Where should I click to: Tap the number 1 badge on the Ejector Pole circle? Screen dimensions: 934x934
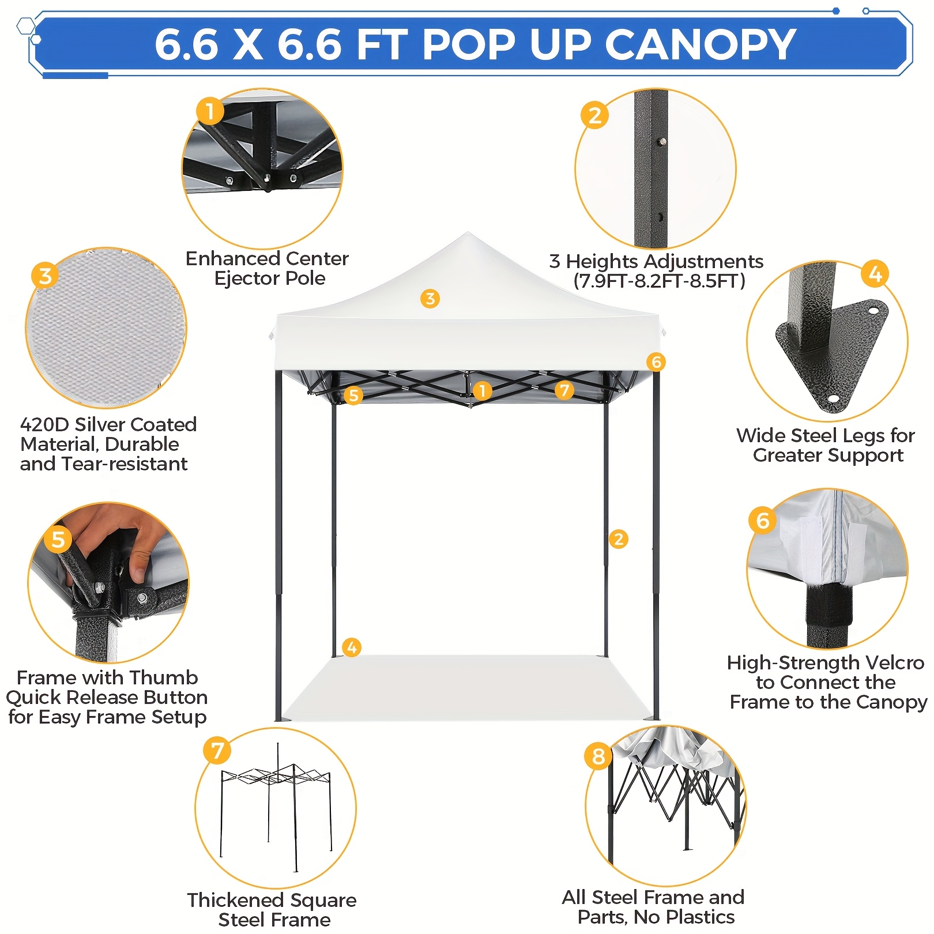coord(210,111)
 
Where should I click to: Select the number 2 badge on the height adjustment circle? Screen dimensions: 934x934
coord(595,115)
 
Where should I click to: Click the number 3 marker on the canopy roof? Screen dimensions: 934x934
coord(430,299)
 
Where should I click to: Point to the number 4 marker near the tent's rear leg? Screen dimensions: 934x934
coord(352,647)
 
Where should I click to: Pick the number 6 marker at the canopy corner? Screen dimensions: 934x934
coord(656,362)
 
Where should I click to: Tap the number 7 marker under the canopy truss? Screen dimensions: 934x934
coord(564,390)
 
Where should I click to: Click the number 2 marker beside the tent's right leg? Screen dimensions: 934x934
coord(619,539)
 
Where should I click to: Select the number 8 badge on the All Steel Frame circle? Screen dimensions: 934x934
coord(598,756)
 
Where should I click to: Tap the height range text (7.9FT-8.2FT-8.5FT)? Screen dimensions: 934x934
coord(659,281)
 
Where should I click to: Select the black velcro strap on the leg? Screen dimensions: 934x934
coord(828,605)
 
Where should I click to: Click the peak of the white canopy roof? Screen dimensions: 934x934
coord(468,233)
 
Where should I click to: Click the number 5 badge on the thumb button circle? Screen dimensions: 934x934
coord(58,540)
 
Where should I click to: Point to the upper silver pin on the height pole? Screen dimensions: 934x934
coord(663,141)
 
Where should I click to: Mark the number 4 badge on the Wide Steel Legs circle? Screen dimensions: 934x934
coord(875,274)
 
